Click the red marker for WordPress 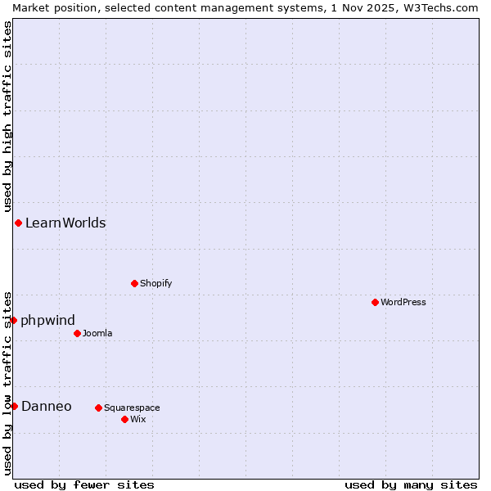tap(375, 302)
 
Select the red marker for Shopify tap(134, 283)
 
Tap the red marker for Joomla tap(77, 333)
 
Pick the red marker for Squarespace tap(98, 408)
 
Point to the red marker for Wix tap(124, 419)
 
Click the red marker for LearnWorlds tap(18, 223)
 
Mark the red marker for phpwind tap(14, 320)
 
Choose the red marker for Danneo tap(14, 406)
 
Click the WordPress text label tap(403, 302)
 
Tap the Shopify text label tap(155, 283)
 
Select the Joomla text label tap(97, 333)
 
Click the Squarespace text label tap(132, 408)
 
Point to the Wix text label tap(137, 419)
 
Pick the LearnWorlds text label tap(65, 223)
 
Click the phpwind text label tap(47, 320)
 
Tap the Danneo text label tap(47, 406)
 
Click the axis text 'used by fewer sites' tap(84, 484)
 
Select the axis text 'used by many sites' tap(411, 484)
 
